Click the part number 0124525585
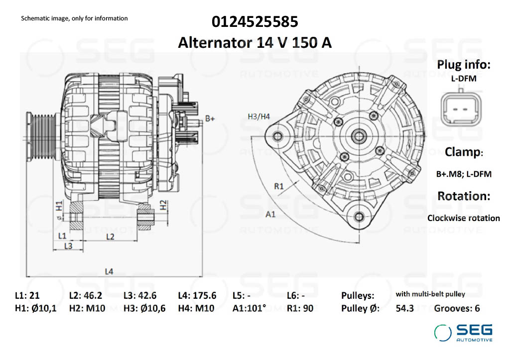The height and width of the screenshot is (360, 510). pos(255,22)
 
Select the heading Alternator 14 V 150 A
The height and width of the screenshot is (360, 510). pos(255,43)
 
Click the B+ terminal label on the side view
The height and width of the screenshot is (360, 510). pos(210,119)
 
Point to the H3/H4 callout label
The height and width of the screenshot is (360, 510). pos(258,117)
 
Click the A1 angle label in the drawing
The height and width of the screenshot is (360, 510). pos(270,215)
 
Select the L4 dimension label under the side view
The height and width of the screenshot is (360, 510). pos(109,271)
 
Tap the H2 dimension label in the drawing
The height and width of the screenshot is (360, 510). pos(163,204)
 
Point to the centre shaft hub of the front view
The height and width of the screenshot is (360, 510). pos(358,135)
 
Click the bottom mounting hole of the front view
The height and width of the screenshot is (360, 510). pos(359,216)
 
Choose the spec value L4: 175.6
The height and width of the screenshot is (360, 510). pos(197,295)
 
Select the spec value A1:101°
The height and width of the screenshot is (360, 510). pos(250,308)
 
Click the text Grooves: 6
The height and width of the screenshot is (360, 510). pos(457,308)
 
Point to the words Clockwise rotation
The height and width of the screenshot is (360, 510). pos(463,218)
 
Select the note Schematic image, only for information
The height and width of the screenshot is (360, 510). pos(74,18)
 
